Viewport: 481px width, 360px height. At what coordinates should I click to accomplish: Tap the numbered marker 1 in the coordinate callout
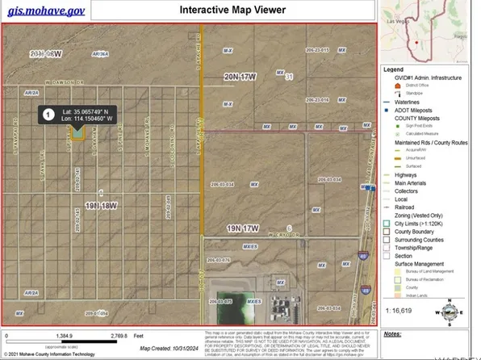coord(48,115)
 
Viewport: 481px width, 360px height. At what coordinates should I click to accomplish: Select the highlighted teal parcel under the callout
coord(77,136)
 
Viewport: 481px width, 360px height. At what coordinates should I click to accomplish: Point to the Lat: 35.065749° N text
coord(90,111)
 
